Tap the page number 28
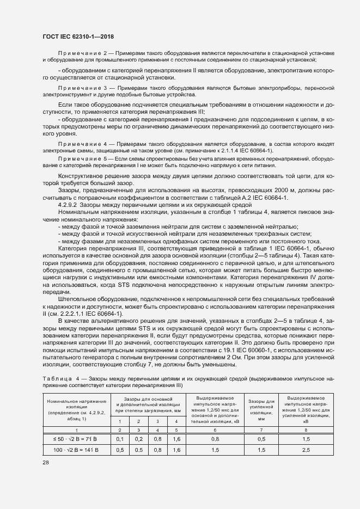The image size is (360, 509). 45,462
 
